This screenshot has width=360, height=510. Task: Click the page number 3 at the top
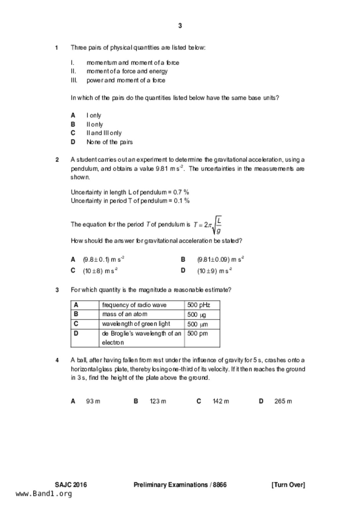click(x=180, y=26)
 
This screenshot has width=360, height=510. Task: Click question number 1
click(x=57, y=48)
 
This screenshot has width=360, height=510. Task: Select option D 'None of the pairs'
click(x=109, y=142)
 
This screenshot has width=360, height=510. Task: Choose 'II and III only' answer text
click(x=104, y=133)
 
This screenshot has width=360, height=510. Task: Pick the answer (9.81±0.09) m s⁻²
click(x=220, y=259)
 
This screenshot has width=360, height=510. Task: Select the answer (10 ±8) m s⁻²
click(x=100, y=271)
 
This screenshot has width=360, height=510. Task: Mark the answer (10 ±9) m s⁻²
click(x=214, y=271)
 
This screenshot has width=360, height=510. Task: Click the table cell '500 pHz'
click(x=199, y=305)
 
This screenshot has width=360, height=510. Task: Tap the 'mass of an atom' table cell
click(x=125, y=314)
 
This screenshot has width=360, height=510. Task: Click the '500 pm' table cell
click(x=198, y=334)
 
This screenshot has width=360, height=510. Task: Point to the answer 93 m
click(x=93, y=402)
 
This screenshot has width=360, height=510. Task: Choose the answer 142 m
click(x=221, y=402)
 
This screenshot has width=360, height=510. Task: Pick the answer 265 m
click(x=283, y=402)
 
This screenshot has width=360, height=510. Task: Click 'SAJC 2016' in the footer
click(x=71, y=485)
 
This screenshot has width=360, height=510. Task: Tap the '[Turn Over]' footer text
click(x=288, y=485)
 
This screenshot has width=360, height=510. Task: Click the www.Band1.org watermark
click(x=44, y=494)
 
